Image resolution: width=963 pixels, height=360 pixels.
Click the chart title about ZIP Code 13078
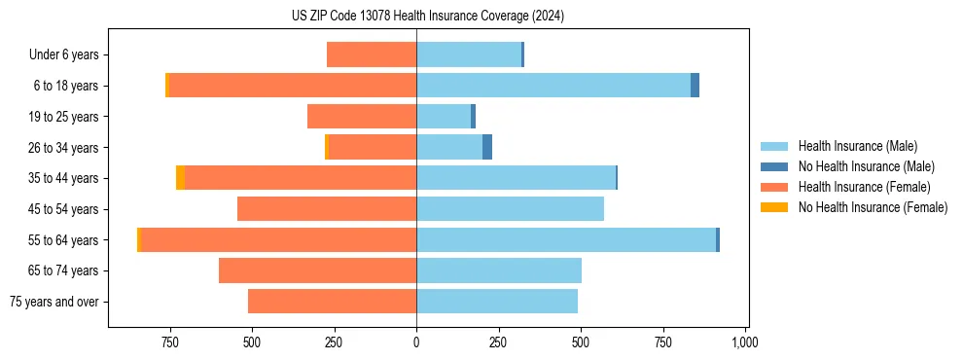pyautogui.click(x=427, y=17)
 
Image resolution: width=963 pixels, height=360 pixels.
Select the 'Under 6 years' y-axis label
pyautogui.click(x=64, y=55)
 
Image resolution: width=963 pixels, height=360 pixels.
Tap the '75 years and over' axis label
pyautogui.click(x=54, y=302)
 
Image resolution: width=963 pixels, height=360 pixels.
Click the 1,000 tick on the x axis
pyautogui.click(x=745, y=342)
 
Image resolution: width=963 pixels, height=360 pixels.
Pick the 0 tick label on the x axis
pyautogui.click(x=416, y=342)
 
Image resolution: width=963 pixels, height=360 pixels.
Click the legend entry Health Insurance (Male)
pyautogui.click(x=857, y=146)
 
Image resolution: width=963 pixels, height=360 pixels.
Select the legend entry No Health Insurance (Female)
pyautogui.click(x=873, y=207)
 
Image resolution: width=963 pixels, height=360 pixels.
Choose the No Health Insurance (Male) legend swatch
pyautogui.click(x=775, y=166)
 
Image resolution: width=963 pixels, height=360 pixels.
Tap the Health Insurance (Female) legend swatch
pyautogui.click(x=775, y=187)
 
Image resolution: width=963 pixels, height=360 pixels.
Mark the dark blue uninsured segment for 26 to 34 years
pyautogui.click(x=487, y=148)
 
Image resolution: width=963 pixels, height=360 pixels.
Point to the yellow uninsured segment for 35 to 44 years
pyautogui.click(x=180, y=178)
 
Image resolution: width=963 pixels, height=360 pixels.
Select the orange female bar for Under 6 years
pyautogui.click(x=372, y=55)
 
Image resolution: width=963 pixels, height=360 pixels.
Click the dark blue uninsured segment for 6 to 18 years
pyautogui.click(x=695, y=86)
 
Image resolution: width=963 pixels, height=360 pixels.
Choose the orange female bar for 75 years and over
pyautogui.click(x=332, y=302)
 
